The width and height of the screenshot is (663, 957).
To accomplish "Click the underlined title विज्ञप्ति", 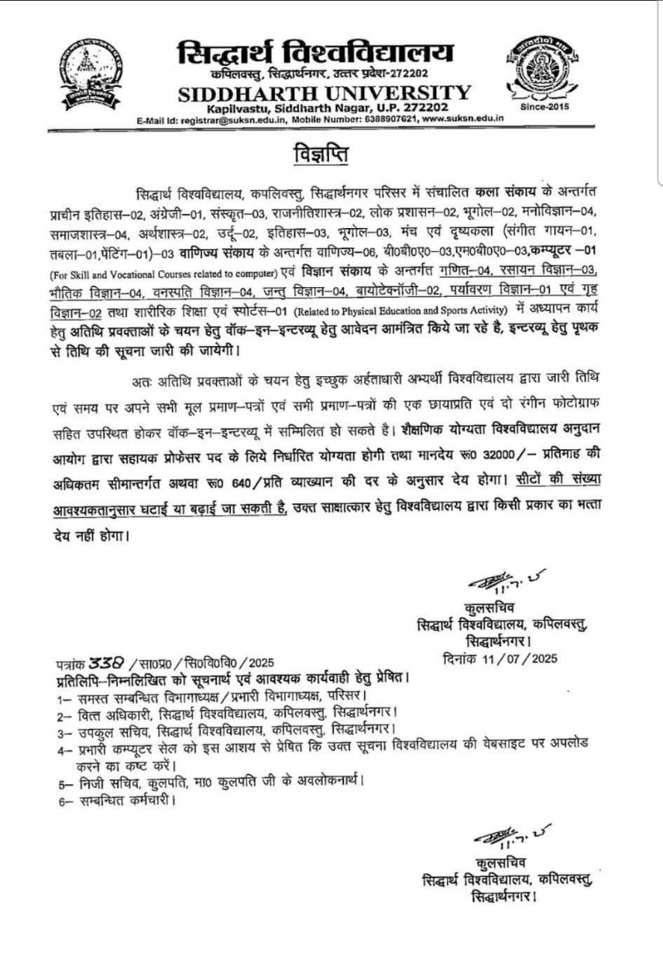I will coord(319,157).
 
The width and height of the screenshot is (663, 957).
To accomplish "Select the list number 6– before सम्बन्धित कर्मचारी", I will coord(66,801).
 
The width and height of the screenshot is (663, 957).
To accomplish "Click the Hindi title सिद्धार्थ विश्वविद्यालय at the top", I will coord(314,55).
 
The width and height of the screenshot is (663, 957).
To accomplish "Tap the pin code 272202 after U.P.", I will coord(426,108).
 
